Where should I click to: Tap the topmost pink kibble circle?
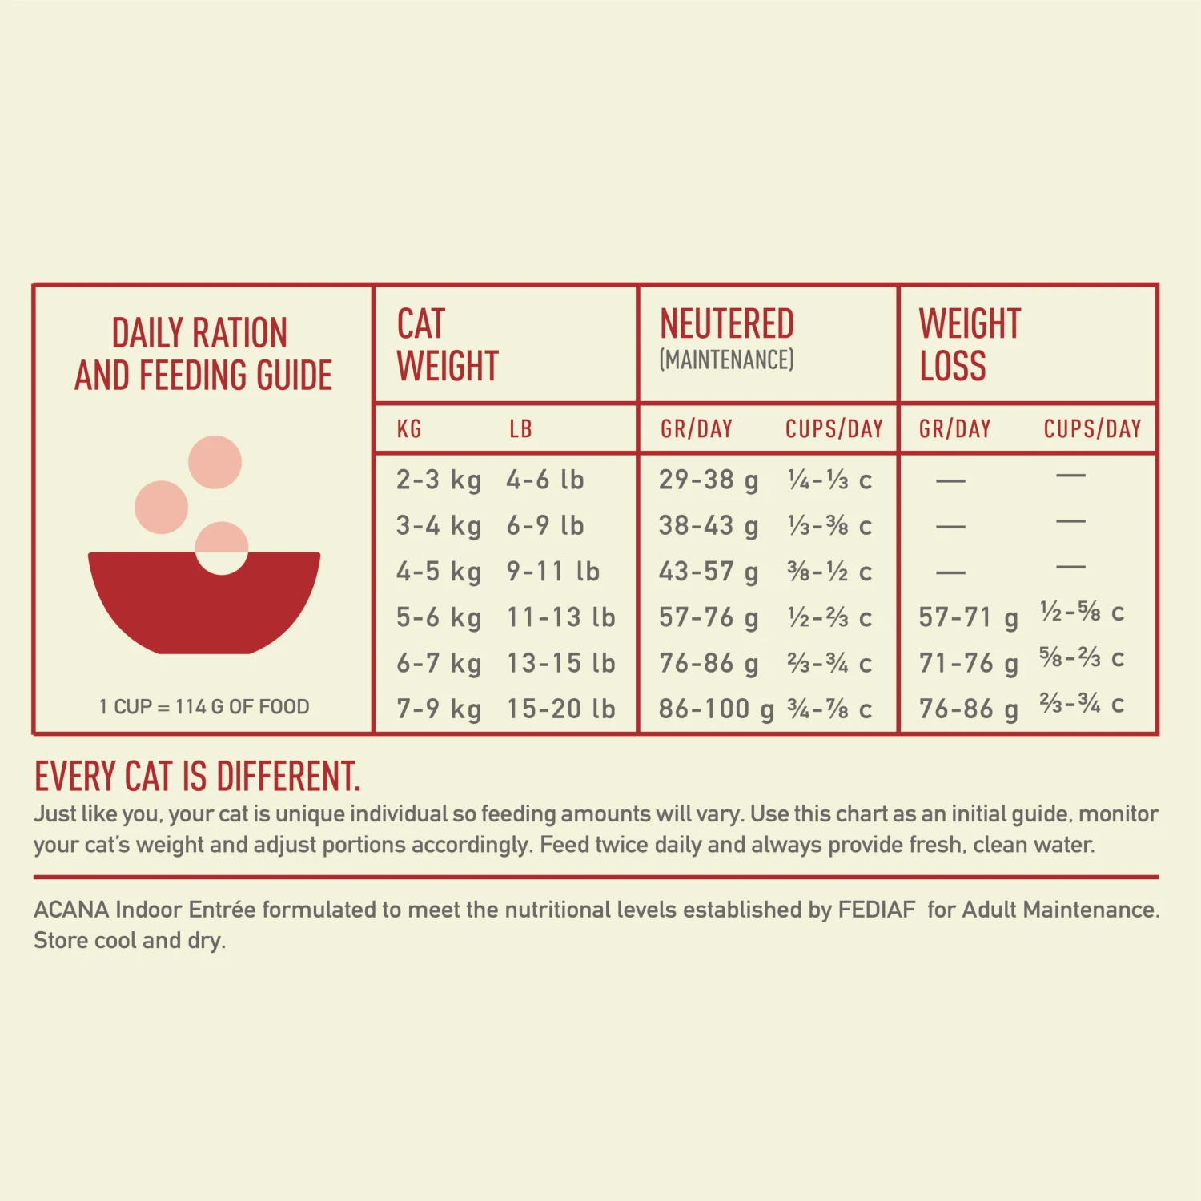(215, 462)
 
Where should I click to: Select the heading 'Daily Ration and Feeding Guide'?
(203, 355)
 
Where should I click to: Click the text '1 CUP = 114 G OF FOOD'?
(204, 707)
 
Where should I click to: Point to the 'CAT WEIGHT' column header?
(448, 345)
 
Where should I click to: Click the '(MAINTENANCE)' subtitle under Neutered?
(726, 360)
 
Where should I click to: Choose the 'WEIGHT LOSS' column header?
(970, 345)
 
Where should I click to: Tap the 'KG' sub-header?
(409, 429)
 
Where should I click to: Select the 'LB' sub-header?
(520, 429)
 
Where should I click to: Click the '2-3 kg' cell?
(439, 480)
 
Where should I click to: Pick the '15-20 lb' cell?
(560, 709)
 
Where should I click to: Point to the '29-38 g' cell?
(709, 480)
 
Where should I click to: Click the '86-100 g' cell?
(717, 709)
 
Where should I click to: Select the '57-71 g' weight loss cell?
(968, 617)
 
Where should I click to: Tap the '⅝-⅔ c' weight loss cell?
(1082, 658)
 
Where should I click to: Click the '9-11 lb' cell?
(552, 572)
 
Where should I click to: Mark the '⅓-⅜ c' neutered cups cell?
(829, 526)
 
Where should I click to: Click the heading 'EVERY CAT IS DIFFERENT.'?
(198, 777)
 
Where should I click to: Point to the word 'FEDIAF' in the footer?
(876, 910)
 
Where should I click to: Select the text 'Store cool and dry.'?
(130, 940)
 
